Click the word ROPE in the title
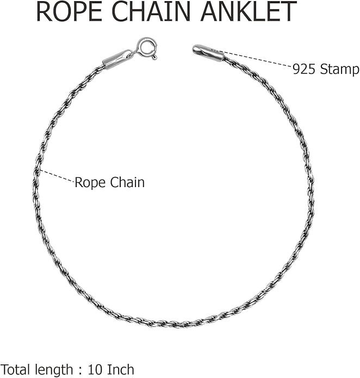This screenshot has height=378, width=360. [71, 11]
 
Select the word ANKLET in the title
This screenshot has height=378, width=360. [249, 11]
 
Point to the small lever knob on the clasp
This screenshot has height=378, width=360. [154, 57]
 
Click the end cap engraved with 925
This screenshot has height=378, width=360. [208, 53]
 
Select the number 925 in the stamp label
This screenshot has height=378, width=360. [303, 70]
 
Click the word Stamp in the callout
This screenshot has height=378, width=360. [339, 70]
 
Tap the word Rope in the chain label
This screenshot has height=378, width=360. [89, 183]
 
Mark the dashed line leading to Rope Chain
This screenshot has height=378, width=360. [57, 176]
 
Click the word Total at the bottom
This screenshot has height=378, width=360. [16, 370]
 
